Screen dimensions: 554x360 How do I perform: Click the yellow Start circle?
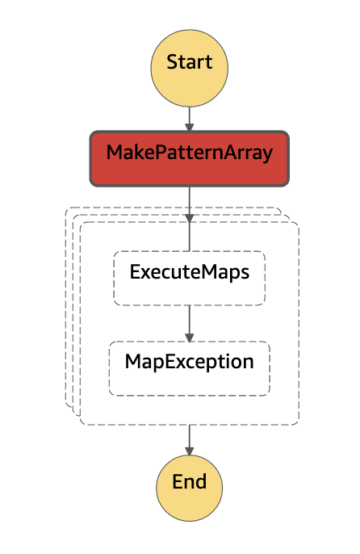pyautogui.click(x=189, y=62)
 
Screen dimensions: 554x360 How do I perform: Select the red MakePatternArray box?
pyautogui.click(x=189, y=153)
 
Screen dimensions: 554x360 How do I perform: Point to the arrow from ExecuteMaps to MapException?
pyautogui.click(x=189, y=322)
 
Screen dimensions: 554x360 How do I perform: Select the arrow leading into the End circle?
pyautogui.click(x=189, y=439)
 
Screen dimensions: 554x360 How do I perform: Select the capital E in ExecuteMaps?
pyautogui.click(x=136, y=273)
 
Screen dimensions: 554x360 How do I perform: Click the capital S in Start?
pyautogui.click(x=172, y=62)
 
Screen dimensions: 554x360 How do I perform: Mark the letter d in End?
pyautogui.click(x=201, y=483)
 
